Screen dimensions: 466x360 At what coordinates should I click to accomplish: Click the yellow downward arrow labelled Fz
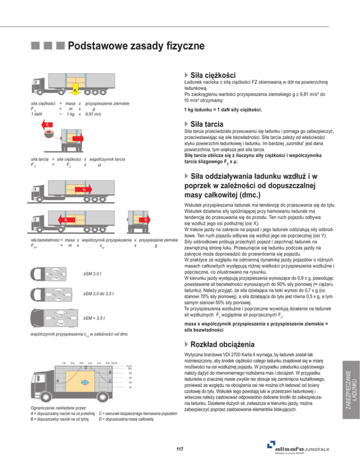(75, 89)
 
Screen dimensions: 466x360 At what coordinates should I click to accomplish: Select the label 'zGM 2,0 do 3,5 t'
(98, 294)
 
